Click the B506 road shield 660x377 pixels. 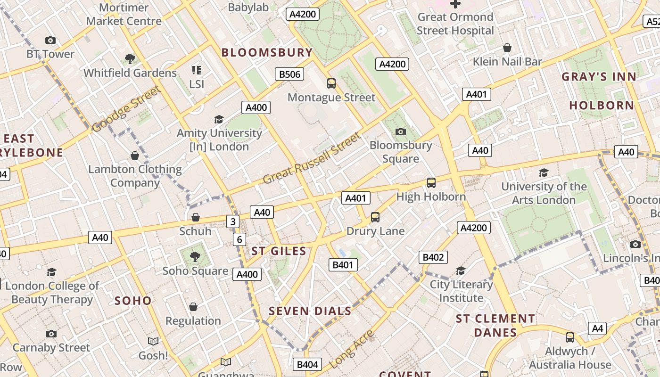pyautogui.click(x=289, y=74)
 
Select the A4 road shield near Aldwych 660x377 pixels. pyautogui.click(x=597, y=328)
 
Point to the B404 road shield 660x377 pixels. pyautogui.click(x=308, y=364)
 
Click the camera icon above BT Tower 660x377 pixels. pyautogui.click(x=50, y=41)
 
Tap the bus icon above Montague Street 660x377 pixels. pyautogui.click(x=331, y=83)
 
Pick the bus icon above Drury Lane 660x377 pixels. pyautogui.click(x=375, y=217)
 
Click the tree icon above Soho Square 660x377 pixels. pyautogui.click(x=195, y=257)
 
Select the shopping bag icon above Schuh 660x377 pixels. pyautogui.click(x=195, y=217)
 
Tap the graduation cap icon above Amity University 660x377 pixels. pyautogui.click(x=219, y=119)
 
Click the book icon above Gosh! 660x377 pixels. pyautogui.click(x=153, y=341)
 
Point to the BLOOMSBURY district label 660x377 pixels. pyautogui.click(x=267, y=52)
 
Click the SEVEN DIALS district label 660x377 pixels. pyautogui.click(x=310, y=311)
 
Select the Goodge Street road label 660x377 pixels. pyautogui.click(x=126, y=109)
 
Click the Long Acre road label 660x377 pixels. pyautogui.click(x=352, y=349)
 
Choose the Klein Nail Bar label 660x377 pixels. pyautogui.click(x=507, y=61)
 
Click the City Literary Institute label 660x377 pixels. pyautogui.click(x=461, y=291)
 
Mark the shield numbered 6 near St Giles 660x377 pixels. pyautogui.click(x=239, y=239)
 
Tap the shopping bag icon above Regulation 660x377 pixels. pyautogui.click(x=193, y=307)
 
